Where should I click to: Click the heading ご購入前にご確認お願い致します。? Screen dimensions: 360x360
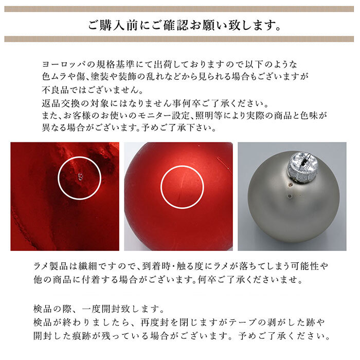[x=180, y=24]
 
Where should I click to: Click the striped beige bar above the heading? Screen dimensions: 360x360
[x=180, y=8]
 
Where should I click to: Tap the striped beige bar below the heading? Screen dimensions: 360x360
[x=180, y=39]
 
